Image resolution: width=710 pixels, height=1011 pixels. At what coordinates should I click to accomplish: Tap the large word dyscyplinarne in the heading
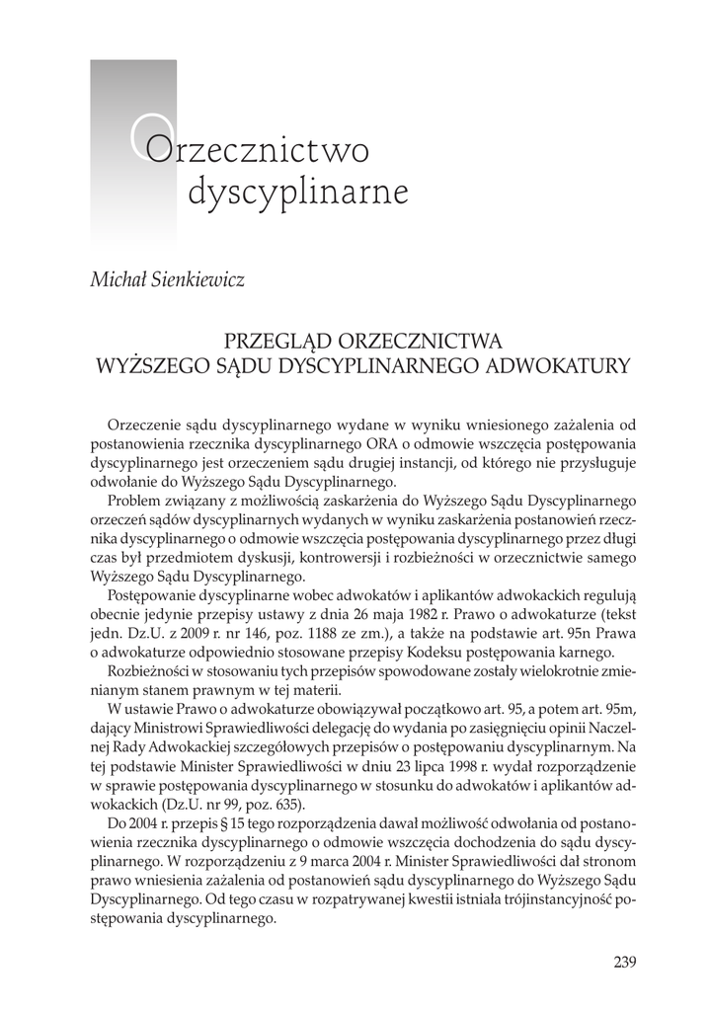click(297, 192)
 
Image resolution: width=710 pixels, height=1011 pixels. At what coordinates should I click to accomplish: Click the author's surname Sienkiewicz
click(197, 278)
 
